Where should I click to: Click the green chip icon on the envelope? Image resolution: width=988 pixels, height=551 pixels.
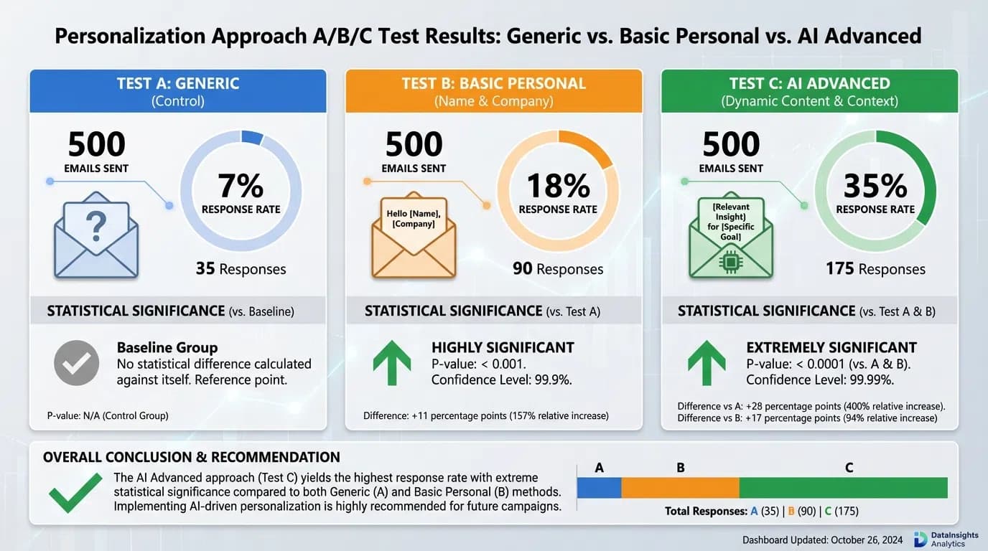pos(730,264)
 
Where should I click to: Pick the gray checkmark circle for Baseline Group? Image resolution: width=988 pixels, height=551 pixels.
pos(76,364)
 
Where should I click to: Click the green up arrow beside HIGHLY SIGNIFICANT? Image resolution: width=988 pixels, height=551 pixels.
pos(392,363)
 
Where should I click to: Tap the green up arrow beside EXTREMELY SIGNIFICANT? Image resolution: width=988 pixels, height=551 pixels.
pos(707,363)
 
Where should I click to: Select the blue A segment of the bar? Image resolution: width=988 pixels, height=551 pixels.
pos(600,488)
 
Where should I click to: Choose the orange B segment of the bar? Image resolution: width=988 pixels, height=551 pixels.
pos(680,488)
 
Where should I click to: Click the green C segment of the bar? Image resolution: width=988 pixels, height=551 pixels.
pos(843,488)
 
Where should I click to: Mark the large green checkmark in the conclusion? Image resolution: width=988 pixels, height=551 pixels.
pos(75,492)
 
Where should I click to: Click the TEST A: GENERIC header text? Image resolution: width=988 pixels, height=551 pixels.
pos(178,83)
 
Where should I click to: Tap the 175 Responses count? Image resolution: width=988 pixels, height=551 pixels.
pos(875,269)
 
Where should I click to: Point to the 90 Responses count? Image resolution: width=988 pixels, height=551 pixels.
pos(558,269)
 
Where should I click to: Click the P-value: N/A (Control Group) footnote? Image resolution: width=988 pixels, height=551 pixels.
pos(108,415)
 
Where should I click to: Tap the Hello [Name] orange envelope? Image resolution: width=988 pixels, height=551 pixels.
pos(413,238)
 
